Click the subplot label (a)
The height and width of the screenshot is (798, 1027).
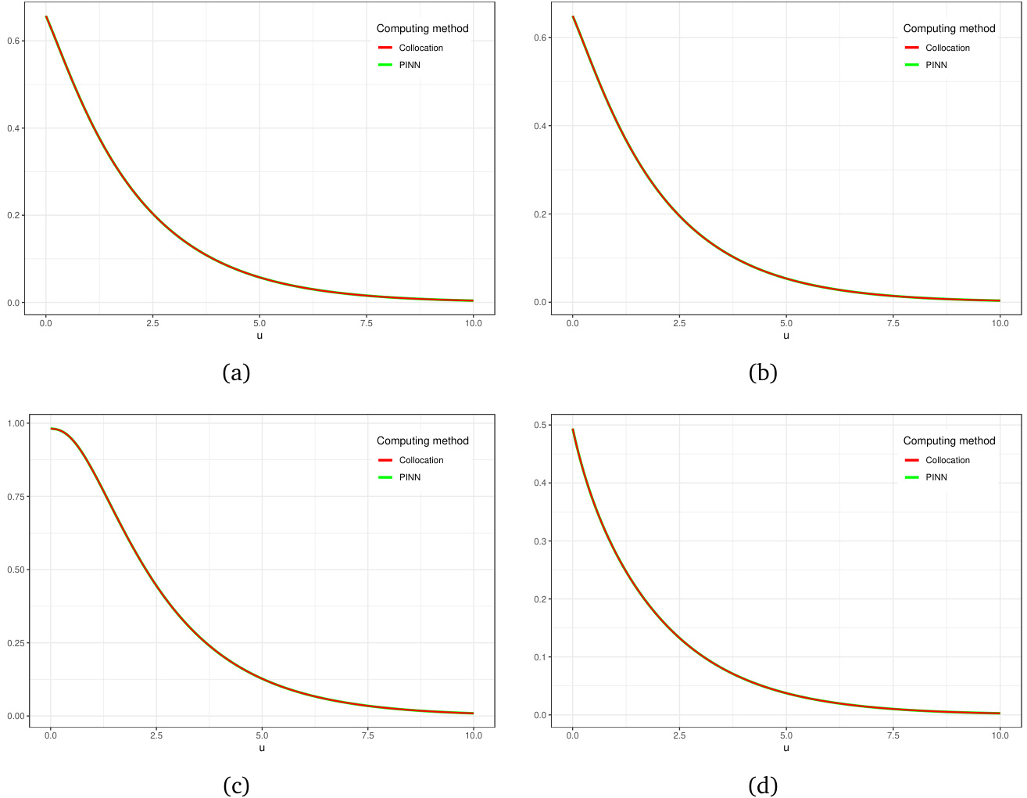[236, 373]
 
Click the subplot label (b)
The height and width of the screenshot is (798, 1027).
[763, 373]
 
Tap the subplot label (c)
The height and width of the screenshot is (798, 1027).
[236, 785]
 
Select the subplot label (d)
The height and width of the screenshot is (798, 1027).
[763, 785]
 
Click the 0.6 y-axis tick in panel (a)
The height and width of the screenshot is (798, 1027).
[13, 41]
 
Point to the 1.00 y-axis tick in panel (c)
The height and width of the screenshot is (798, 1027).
[16, 423]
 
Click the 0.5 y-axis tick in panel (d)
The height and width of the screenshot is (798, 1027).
[540, 425]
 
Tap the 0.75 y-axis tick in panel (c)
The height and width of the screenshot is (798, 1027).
[16, 497]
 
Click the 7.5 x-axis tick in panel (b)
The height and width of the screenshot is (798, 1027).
[893, 323]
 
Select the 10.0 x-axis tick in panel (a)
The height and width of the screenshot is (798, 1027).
[473, 323]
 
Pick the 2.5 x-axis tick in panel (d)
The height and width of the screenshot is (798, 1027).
[679, 735]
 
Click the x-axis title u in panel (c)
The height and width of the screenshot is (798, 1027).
[262, 748]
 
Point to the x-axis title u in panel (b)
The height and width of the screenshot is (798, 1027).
[786, 336]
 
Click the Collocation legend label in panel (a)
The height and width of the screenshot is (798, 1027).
[420, 48]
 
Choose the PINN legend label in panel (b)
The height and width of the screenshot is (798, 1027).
[936, 65]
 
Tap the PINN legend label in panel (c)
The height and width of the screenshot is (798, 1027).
[410, 477]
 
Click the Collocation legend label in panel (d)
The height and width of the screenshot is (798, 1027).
[947, 460]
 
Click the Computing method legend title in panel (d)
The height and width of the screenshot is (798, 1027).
[949, 440]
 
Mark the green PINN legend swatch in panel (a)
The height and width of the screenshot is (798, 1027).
[385, 65]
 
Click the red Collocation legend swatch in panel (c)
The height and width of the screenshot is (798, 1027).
[385, 460]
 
